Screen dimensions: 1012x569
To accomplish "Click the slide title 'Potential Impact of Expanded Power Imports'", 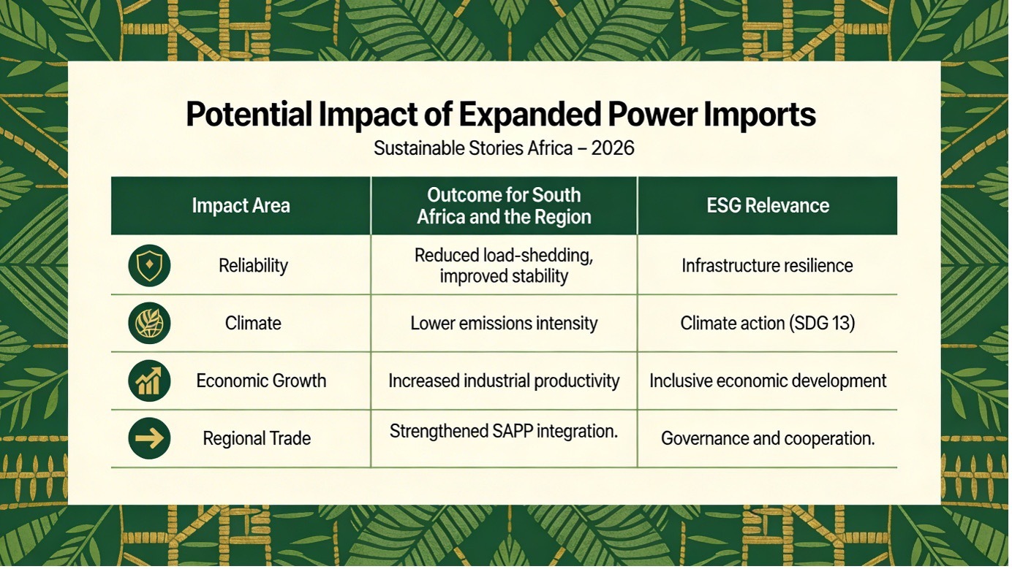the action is click(501, 115).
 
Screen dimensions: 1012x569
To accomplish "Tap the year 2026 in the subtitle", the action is click(613, 148).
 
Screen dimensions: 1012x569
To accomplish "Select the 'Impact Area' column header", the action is click(241, 206).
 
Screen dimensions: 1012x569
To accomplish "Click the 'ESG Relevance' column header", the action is click(768, 206).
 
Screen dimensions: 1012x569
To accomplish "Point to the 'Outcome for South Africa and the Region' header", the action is click(504, 206).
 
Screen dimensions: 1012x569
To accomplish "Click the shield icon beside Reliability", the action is click(150, 265).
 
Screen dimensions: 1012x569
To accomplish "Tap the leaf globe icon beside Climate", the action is click(150, 323).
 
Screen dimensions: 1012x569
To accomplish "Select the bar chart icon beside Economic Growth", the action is click(150, 381).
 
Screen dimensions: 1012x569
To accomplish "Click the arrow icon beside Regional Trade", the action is click(150, 438).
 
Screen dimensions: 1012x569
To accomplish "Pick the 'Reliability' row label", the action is click(254, 265).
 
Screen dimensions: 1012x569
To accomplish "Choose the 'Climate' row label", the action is click(253, 323).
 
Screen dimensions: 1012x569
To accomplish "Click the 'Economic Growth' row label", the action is click(261, 381).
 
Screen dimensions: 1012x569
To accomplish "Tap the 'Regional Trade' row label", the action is click(257, 438).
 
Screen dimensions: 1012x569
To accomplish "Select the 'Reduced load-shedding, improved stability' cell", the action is click(504, 265).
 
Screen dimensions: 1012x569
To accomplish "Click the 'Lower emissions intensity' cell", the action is click(504, 323).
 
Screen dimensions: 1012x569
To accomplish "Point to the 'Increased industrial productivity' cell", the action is click(504, 381).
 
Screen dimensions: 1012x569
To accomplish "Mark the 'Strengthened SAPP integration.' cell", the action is click(504, 432).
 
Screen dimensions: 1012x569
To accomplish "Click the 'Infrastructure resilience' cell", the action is click(767, 265).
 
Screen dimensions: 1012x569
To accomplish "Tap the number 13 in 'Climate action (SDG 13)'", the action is click(839, 323).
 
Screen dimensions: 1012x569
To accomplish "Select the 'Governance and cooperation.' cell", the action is click(768, 438).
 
